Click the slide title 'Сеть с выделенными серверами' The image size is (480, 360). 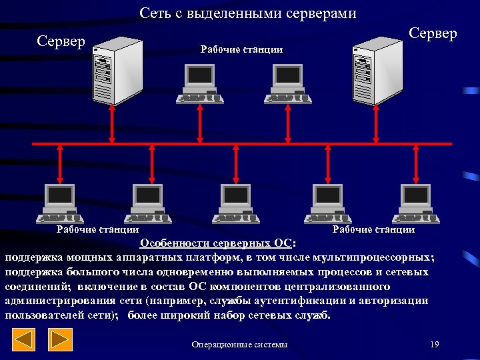[248, 13]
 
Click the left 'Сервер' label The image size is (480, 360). [61, 41]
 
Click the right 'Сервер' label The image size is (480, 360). [433, 33]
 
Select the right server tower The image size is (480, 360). [373, 70]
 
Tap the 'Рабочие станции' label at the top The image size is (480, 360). [242, 49]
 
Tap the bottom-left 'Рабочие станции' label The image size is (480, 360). [97, 229]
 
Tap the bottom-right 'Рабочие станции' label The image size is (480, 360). [373, 229]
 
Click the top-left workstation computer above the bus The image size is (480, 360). [199, 85]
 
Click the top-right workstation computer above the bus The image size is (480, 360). [287, 85]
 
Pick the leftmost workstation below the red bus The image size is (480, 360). [61, 203]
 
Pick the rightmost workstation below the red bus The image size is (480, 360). [417, 203]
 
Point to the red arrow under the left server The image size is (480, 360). [112, 125]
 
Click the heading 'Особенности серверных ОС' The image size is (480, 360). [220, 242]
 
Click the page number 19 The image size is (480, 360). [435, 344]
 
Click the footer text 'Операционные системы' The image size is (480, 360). [239, 345]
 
